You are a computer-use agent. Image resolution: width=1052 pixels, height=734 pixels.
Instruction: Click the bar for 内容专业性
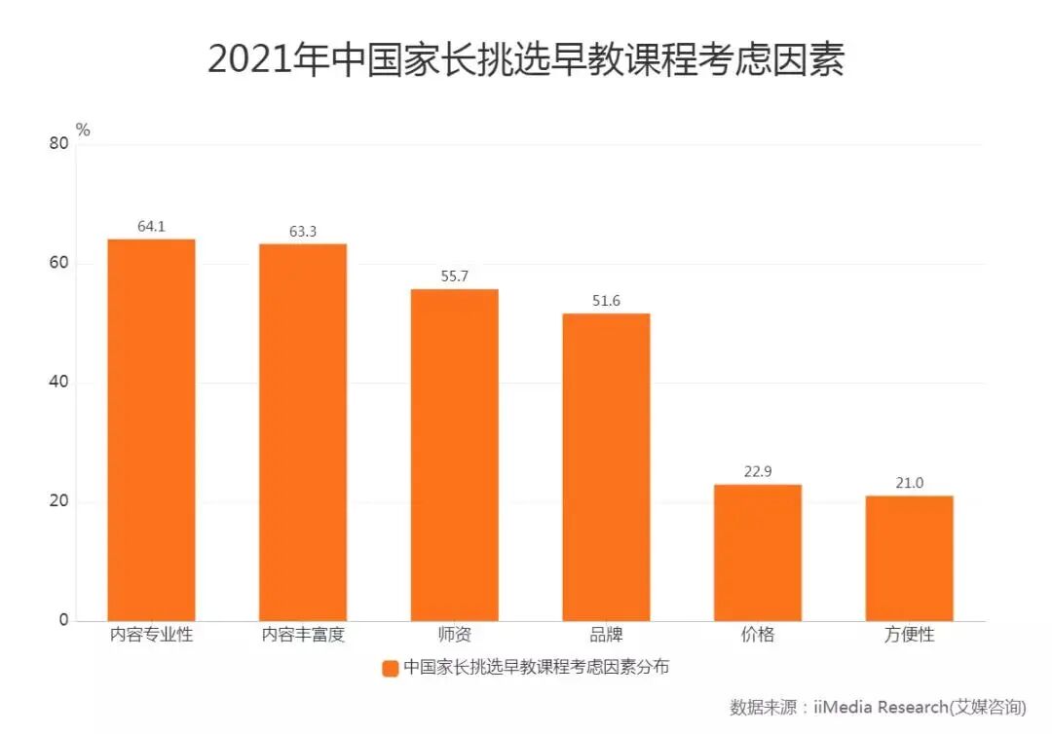coord(151,429)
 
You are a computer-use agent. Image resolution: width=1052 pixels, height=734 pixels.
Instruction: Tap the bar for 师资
coord(454,455)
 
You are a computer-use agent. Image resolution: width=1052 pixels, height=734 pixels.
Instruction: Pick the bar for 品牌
coord(606,466)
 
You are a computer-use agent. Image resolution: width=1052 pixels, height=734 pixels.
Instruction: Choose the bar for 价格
coord(758,552)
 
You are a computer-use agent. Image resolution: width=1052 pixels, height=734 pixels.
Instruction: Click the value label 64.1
coord(151,226)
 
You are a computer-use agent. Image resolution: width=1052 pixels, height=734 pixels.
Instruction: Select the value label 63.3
coord(303,231)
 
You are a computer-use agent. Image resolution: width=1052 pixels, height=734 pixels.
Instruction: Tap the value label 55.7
coord(454,276)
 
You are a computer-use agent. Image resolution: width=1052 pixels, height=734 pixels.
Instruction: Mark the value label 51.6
coord(606,301)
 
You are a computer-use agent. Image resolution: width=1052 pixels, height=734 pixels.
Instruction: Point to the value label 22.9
coord(758,472)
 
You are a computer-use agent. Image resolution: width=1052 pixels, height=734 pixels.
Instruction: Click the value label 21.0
coord(910,483)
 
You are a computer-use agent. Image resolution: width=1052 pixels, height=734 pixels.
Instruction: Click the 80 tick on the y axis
coord(58,144)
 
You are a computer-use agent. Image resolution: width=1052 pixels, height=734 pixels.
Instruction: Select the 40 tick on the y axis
coord(58,383)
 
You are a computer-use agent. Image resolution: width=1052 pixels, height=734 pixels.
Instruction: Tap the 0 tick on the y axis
coord(64,620)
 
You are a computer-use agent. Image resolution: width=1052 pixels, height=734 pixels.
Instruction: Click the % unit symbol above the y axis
coord(83,129)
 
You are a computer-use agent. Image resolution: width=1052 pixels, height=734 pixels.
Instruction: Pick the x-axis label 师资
coord(454,635)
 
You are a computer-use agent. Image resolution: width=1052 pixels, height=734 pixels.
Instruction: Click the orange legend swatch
coord(390,668)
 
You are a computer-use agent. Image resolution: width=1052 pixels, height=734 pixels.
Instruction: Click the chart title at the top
coord(525,59)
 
